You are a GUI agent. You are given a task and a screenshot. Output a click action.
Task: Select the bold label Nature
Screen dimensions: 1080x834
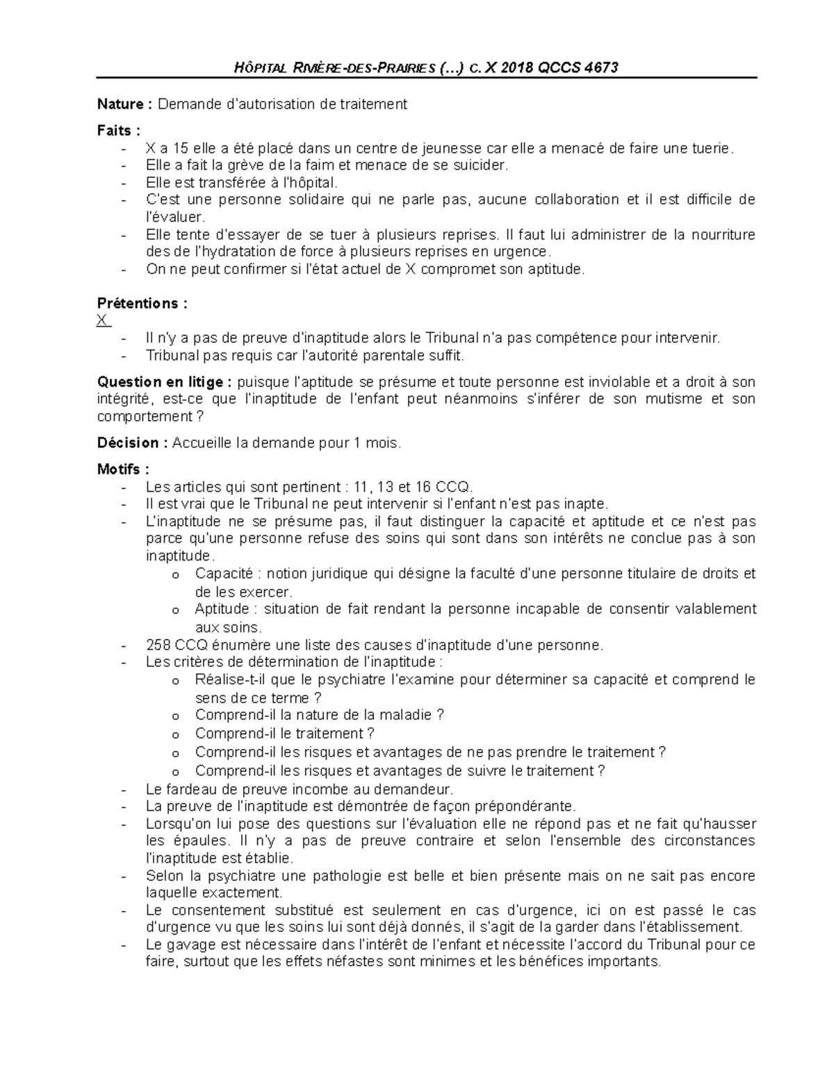121,104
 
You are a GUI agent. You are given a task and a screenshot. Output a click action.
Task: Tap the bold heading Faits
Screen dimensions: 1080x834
116,130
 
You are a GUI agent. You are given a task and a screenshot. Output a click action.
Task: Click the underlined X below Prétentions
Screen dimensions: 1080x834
103,321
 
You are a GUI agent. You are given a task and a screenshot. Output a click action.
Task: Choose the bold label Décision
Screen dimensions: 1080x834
129,443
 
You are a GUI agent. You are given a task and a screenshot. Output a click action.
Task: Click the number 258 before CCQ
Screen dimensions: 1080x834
158,645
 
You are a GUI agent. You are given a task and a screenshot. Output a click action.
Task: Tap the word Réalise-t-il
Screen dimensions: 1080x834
231,679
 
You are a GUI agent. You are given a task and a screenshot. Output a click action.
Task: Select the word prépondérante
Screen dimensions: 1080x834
532,806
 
